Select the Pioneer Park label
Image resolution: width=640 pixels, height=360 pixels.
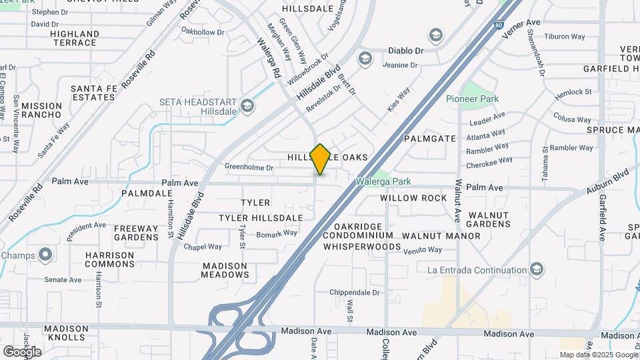coord(472,99)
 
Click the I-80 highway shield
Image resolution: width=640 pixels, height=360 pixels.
coord(499,25)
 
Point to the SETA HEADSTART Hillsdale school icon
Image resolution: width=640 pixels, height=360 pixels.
coord(247,105)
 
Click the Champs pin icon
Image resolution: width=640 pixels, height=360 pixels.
coord(45,255)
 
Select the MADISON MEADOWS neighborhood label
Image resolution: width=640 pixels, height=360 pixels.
coord(225,270)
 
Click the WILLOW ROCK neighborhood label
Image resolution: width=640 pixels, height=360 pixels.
coord(413,198)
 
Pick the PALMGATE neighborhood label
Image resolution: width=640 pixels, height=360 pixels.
coord(430,139)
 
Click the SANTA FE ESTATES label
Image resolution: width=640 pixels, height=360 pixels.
coord(93,93)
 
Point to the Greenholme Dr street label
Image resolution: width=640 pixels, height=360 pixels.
coord(249,167)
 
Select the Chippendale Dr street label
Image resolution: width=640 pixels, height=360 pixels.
coord(357,293)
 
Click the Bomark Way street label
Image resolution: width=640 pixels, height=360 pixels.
coord(277,233)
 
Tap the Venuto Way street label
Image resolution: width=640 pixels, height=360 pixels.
coord(421,250)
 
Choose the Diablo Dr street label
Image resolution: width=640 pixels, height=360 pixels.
coord(406,51)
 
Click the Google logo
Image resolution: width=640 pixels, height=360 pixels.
coord(22,351)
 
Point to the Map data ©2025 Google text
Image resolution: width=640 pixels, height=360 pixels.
coord(598,355)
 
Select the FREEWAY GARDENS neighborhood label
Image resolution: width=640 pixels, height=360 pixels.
coord(136,232)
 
